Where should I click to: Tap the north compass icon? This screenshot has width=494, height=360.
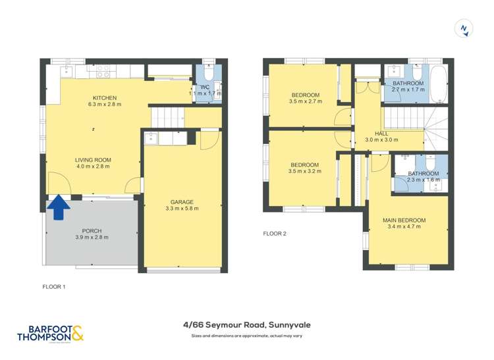(x=464, y=28)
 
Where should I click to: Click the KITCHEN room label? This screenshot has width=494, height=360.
(x=105, y=98)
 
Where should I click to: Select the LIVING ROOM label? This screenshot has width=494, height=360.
(x=92, y=160)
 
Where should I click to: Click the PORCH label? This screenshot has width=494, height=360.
(x=92, y=230)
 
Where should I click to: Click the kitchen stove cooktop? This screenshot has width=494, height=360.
(x=103, y=70)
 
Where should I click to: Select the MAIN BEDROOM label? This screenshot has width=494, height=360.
(x=404, y=220)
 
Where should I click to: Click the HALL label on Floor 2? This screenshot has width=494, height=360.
(x=381, y=133)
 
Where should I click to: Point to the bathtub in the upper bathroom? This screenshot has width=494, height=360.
(x=438, y=84)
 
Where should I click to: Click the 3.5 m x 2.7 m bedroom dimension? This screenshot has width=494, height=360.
(x=305, y=101)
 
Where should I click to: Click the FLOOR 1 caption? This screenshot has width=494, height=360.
(x=54, y=286)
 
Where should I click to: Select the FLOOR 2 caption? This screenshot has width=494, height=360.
(x=275, y=233)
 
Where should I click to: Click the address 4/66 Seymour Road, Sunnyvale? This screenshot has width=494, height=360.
(x=246, y=324)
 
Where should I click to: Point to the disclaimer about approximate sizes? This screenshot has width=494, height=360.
(x=246, y=336)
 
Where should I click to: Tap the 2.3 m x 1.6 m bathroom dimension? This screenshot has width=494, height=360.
(x=424, y=180)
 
